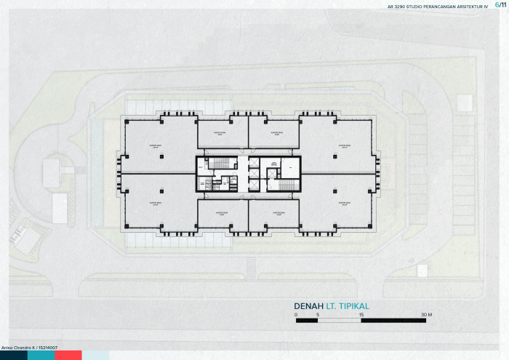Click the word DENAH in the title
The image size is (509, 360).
tap(308, 305)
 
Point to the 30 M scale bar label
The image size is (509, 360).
tap(425, 314)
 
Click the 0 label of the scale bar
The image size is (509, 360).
tap(297, 314)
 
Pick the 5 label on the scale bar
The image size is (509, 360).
tap(318, 314)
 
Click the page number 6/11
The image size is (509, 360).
tap(499, 6)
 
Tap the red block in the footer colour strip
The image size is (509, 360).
tap(68, 356)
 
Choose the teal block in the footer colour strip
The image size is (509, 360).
tap(41, 356)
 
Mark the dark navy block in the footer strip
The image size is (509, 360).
tap(13, 356)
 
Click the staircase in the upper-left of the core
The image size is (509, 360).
tap(218, 163)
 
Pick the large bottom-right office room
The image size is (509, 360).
tap(339, 203)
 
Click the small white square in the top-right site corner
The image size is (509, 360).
tap(465, 103)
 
